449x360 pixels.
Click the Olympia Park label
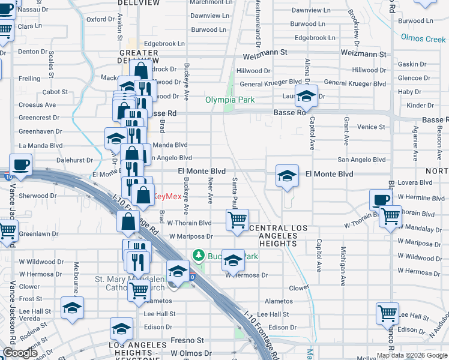pos(231,100)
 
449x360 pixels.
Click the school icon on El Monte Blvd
pos(288,176)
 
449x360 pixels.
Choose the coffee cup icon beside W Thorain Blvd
pos(381,200)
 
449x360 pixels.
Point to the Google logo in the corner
pos(20,353)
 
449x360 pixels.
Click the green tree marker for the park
pos(198,256)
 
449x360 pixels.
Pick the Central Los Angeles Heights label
pos(278,235)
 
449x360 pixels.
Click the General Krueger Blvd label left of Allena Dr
pos(270,82)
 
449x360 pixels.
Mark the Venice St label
pos(371,127)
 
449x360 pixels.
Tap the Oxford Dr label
pos(100,19)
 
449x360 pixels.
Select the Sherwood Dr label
pos(34,196)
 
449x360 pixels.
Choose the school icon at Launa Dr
pos(306,96)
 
